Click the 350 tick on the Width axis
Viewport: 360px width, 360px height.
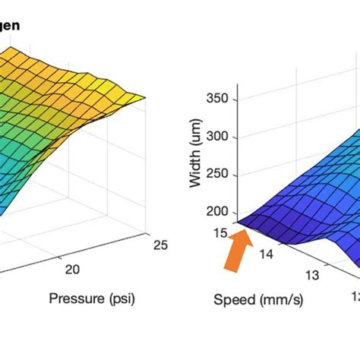click(x=226, y=99)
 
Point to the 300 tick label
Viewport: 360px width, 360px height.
click(x=226, y=137)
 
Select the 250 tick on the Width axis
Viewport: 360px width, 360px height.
click(x=226, y=175)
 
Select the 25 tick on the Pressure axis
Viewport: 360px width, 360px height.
click(x=159, y=243)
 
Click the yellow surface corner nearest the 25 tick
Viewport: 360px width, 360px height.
click(x=144, y=96)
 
